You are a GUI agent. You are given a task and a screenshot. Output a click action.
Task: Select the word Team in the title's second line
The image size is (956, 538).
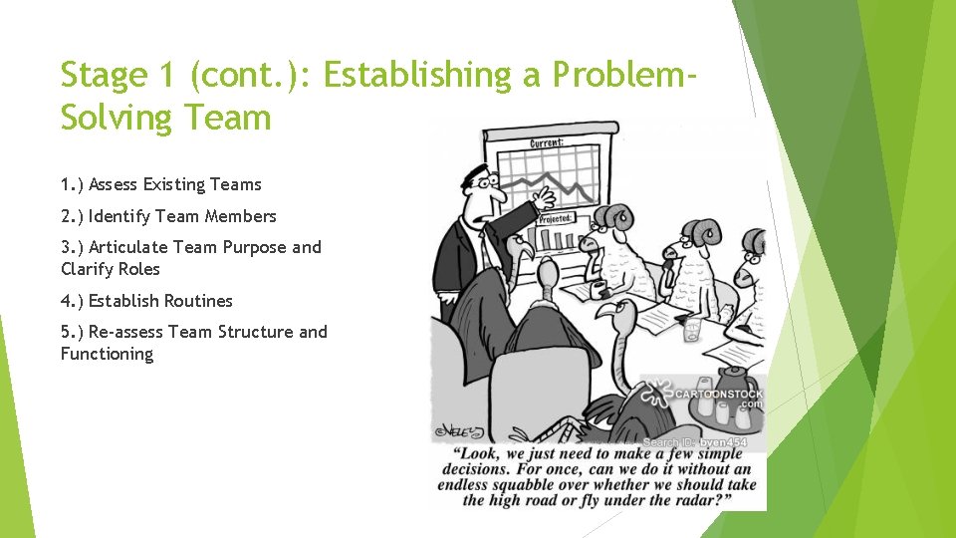pos(225,118)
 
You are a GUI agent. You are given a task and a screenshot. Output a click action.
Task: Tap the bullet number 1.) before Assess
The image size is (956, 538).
pos(72,184)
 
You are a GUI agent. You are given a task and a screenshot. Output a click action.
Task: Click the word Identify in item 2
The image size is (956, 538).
pos(119,216)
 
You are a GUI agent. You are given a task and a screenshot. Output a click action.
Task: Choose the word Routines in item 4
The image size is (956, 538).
pos(198,301)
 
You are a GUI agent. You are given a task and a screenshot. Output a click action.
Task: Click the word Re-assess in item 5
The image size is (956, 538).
pos(124,332)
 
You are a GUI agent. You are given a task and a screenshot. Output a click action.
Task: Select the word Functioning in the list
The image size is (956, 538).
pos(107,354)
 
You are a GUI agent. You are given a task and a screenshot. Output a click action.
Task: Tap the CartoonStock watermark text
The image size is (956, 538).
pos(712,395)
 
